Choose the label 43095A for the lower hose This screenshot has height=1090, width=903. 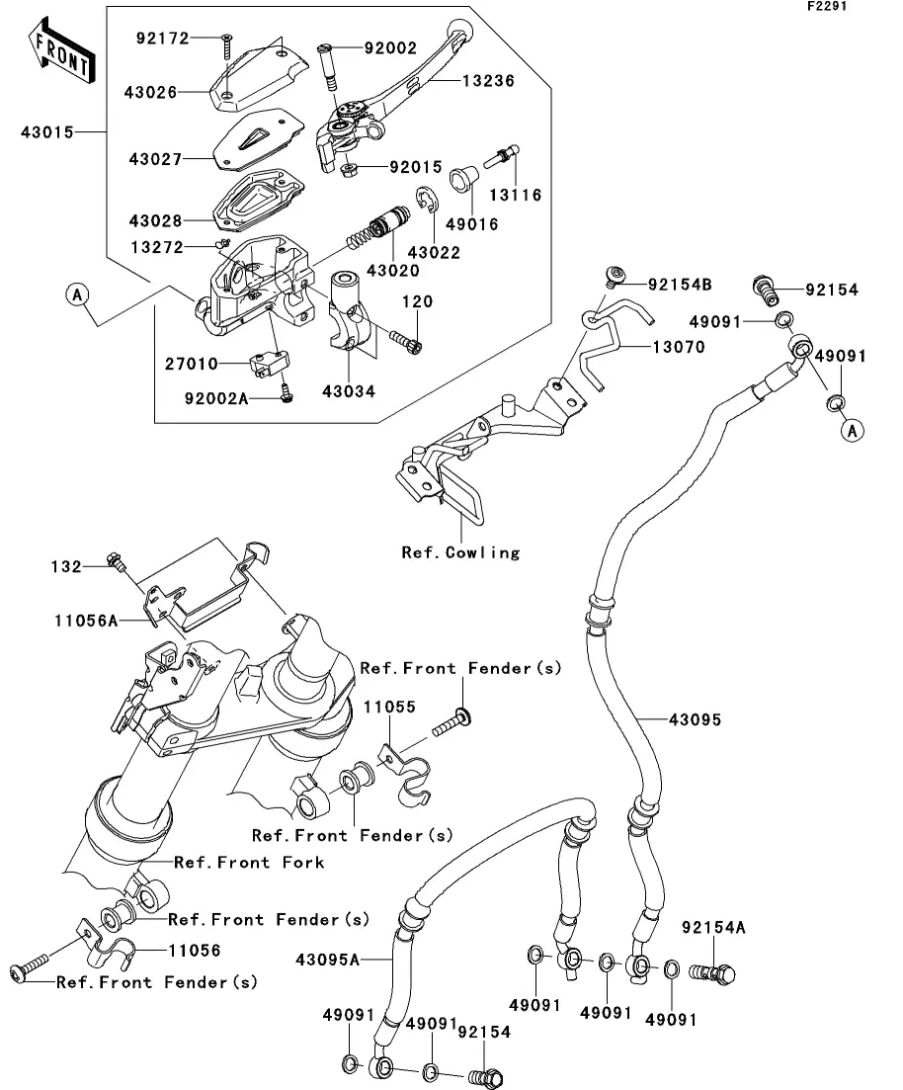tap(327, 959)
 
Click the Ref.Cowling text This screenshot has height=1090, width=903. tap(460, 552)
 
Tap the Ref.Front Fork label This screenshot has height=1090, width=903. tap(249, 863)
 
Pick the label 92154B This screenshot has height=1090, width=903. tap(679, 285)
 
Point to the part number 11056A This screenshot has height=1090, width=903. tap(87, 620)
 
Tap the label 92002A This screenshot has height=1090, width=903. tap(213, 398)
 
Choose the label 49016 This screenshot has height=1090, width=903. tap(476, 224)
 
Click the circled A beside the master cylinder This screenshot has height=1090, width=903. tap(79, 293)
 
